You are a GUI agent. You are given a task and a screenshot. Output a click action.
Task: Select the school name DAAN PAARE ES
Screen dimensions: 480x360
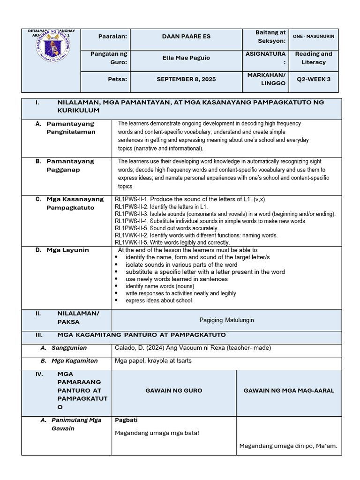[186, 37]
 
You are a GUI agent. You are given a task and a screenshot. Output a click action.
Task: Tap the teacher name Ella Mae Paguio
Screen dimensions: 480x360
[186, 58]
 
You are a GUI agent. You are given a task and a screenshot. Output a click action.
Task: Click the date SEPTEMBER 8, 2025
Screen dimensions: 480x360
[186, 79]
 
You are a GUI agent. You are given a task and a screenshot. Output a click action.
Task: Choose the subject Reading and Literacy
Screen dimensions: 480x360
[314, 58]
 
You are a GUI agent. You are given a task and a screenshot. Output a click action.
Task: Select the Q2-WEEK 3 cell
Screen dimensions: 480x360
[314, 79]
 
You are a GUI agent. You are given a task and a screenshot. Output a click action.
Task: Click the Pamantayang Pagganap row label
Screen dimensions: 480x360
[70, 165]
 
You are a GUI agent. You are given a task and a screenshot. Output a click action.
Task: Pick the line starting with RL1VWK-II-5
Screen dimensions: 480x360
[172, 242]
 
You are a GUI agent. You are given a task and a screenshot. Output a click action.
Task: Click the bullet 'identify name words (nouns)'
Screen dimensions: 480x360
[160, 286]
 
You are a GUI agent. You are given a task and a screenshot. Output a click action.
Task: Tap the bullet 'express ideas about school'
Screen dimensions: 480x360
[158, 300]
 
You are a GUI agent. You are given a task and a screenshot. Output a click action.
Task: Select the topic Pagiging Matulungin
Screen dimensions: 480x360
[226, 320]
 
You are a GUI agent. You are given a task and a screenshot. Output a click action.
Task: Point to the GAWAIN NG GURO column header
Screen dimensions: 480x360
[173, 390]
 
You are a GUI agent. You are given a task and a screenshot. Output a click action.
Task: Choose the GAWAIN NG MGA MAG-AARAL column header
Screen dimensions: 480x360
[289, 390]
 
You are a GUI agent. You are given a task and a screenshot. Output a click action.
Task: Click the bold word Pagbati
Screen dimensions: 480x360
[126, 420]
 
